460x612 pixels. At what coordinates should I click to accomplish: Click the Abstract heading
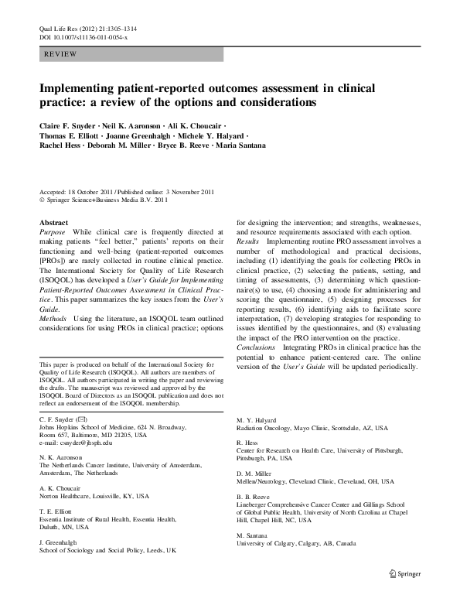[x=53, y=222]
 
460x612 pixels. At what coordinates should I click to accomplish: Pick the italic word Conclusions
[x=258, y=348]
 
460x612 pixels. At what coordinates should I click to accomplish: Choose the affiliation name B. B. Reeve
[x=253, y=495]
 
